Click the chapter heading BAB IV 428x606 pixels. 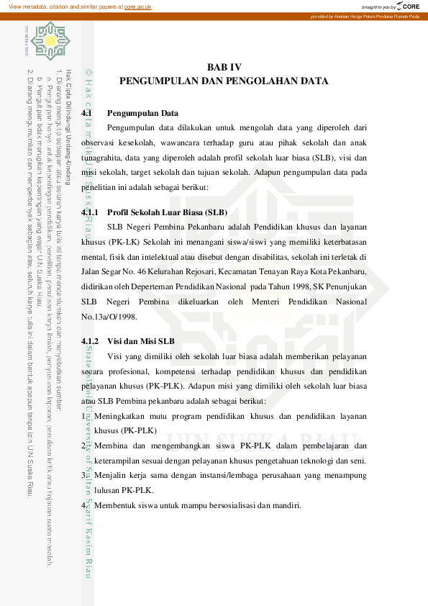click(x=224, y=67)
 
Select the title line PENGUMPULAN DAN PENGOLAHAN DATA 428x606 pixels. click(x=224, y=81)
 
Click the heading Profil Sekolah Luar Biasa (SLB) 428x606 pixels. click(x=166, y=212)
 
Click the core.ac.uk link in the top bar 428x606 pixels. click(x=137, y=6)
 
